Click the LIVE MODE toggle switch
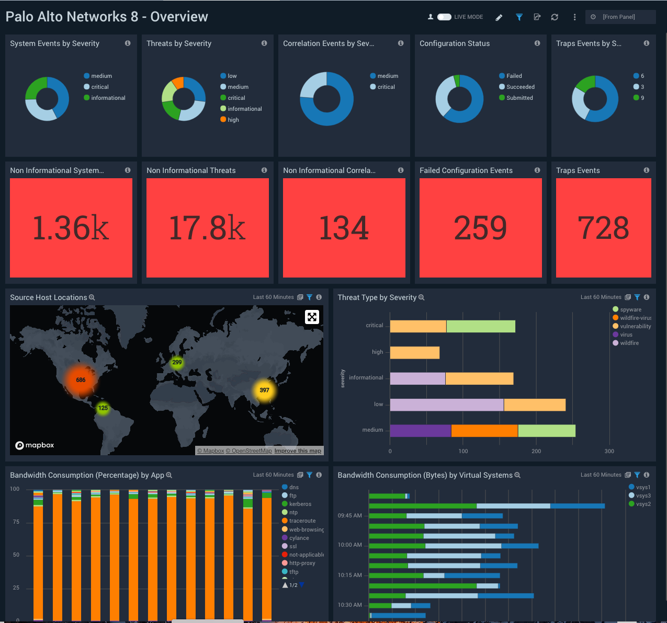point(444,17)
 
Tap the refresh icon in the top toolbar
point(555,17)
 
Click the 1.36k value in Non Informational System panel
point(71,228)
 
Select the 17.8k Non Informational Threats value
point(208,228)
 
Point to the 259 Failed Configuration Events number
point(480,228)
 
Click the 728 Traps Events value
point(603,228)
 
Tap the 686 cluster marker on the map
point(81,380)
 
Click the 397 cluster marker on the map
point(264,390)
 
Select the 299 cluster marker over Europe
point(177,362)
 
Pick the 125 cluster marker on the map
point(103,408)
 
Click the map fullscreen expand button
point(312,317)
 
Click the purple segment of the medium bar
point(420,431)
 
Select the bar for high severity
point(415,352)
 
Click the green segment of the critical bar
point(481,326)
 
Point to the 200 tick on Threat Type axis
point(536,451)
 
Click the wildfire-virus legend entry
point(635,318)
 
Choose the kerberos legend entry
point(300,504)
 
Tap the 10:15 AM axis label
point(350,575)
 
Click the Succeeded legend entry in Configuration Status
point(520,87)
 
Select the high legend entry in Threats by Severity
point(233,120)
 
